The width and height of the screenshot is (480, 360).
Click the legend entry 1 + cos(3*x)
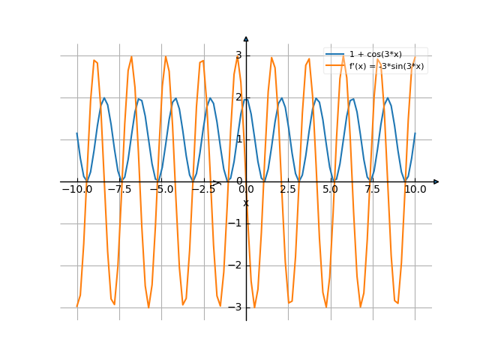point(375,55)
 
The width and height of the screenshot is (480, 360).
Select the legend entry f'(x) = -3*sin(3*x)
point(386,66)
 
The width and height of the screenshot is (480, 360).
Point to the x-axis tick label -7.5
point(118,190)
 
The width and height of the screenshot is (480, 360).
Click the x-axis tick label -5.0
point(161,190)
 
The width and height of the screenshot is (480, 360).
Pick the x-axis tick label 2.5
point(288,190)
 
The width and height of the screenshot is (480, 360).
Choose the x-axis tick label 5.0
point(331,190)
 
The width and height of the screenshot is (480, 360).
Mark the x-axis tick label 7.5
point(373,190)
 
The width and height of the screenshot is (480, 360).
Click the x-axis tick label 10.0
point(415,190)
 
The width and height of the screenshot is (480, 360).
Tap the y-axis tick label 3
point(238,55)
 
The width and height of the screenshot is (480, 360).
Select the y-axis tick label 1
point(238,139)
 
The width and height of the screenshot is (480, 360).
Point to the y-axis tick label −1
point(236,223)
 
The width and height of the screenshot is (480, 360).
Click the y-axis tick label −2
point(236,265)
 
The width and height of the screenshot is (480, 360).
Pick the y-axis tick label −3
point(236,307)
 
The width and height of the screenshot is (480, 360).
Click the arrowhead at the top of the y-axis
point(246,37)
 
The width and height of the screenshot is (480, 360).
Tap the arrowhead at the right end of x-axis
point(436,181)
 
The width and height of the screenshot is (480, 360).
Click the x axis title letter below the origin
point(245,203)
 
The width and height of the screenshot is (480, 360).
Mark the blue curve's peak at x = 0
point(246,98)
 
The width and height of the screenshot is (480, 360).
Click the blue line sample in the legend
point(335,55)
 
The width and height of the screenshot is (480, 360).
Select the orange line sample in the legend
point(335,66)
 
